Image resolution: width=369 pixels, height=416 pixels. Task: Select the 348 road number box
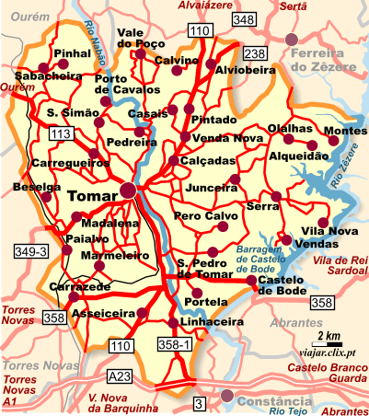coord(244,19)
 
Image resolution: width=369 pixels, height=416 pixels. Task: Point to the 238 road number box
coord(255,53)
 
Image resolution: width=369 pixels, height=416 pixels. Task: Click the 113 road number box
coord(61,134)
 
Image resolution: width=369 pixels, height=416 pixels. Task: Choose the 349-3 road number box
coord(31,250)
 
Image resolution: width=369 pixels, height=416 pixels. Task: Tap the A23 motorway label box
coord(119,376)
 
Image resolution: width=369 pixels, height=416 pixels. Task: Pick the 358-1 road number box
coord(175,344)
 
